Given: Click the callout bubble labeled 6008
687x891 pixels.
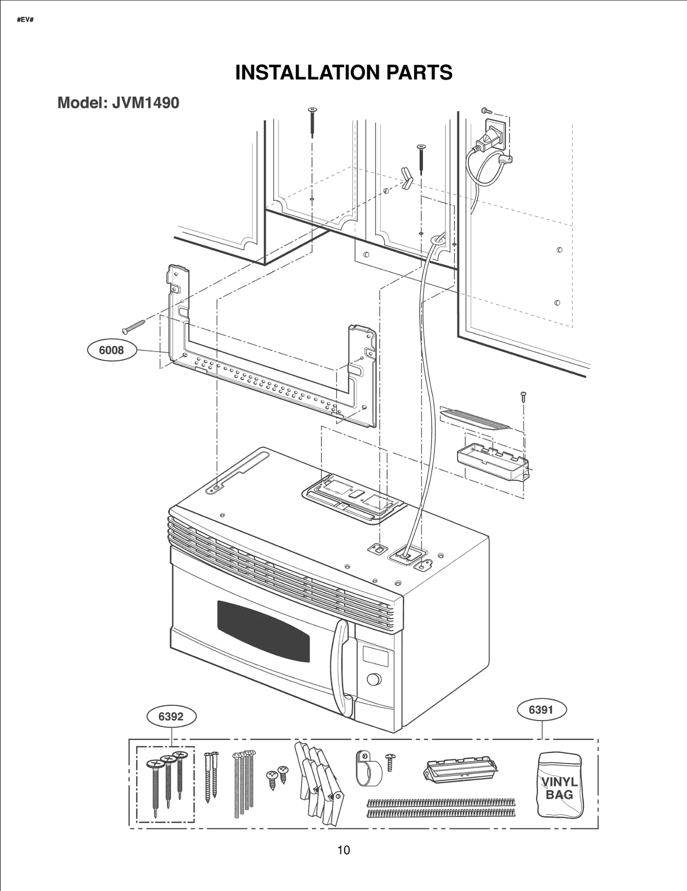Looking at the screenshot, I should click(x=111, y=350).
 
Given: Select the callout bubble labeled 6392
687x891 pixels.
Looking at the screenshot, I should click(x=171, y=716).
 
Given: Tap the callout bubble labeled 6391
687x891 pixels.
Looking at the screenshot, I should click(x=541, y=709).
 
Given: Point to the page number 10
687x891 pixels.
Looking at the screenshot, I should click(x=343, y=850).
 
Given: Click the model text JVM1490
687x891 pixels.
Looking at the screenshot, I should click(x=146, y=103).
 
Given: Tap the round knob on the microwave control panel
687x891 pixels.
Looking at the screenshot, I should click(x=374, y=680).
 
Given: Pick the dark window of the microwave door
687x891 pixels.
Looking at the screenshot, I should click(x=263, y=631).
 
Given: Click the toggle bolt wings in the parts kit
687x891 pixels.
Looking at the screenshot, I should click(x=319, y=781).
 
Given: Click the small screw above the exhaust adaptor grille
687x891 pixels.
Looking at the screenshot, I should click(x=523, y=396).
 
